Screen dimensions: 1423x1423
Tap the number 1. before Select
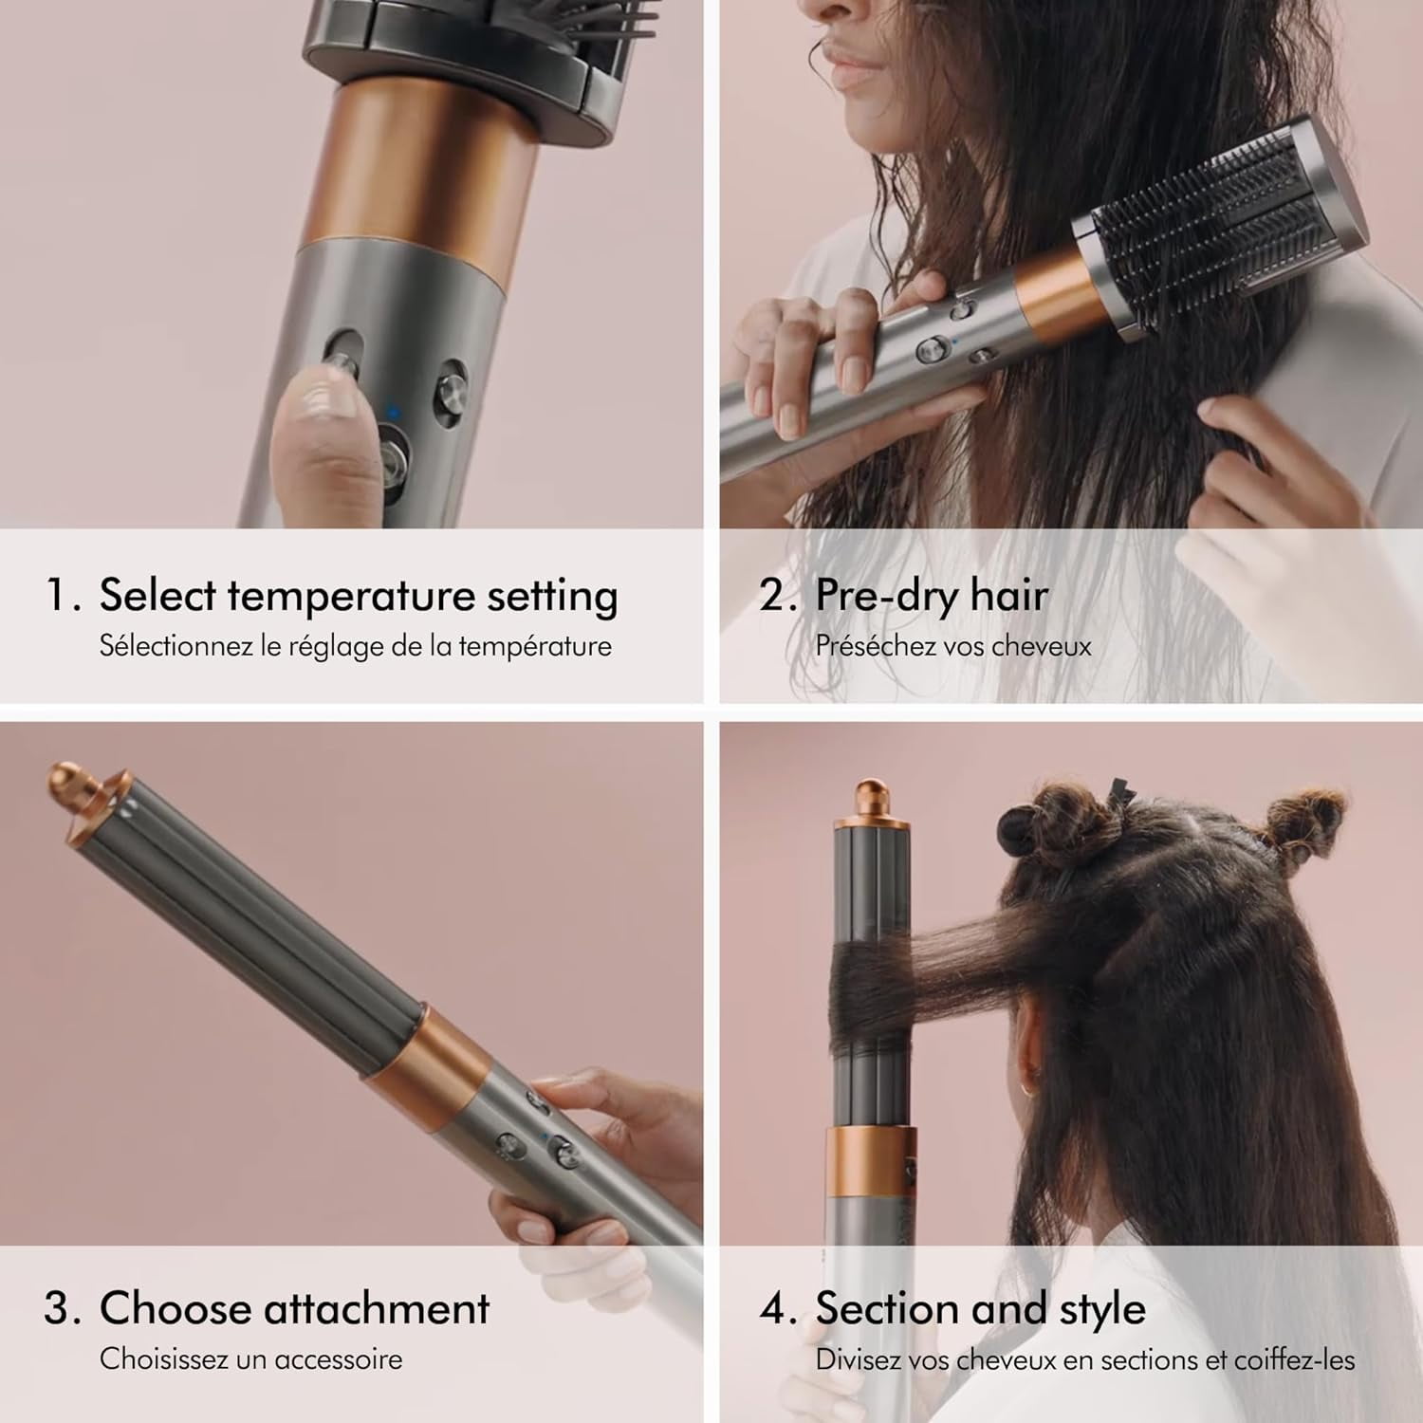65,597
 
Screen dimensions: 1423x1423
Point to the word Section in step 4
887,1308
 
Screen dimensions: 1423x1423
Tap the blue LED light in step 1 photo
394,412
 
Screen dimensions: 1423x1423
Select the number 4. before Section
778,1309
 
